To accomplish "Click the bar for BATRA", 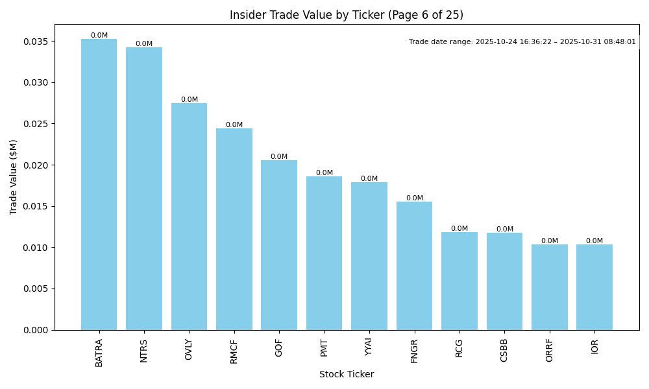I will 99,185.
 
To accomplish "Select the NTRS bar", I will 144,189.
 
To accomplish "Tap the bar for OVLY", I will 189,217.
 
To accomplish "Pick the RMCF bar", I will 234,229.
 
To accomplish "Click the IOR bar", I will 594,287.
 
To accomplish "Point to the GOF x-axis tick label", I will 279,348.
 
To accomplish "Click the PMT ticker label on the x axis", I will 324,348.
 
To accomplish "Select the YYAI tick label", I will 369,348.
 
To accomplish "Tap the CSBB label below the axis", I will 504,350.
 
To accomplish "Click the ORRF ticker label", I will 550,350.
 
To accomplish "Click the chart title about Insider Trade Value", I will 347,15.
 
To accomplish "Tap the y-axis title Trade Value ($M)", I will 14,177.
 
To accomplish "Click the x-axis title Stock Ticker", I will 347,374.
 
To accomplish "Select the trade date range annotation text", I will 522,41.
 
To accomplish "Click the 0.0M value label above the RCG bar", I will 459,229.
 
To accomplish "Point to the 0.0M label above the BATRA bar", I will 99,36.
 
